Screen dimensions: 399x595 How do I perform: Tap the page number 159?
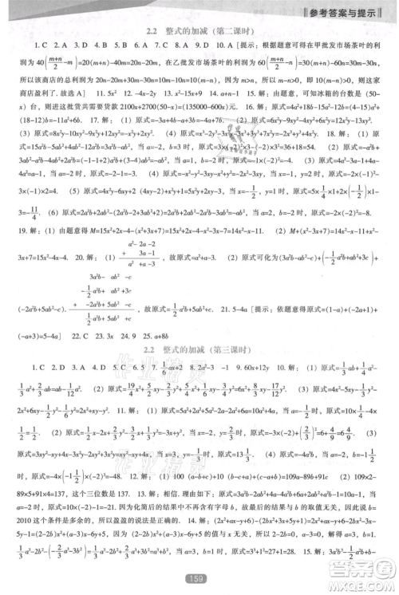pyautogui.click(x=198, y=577)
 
